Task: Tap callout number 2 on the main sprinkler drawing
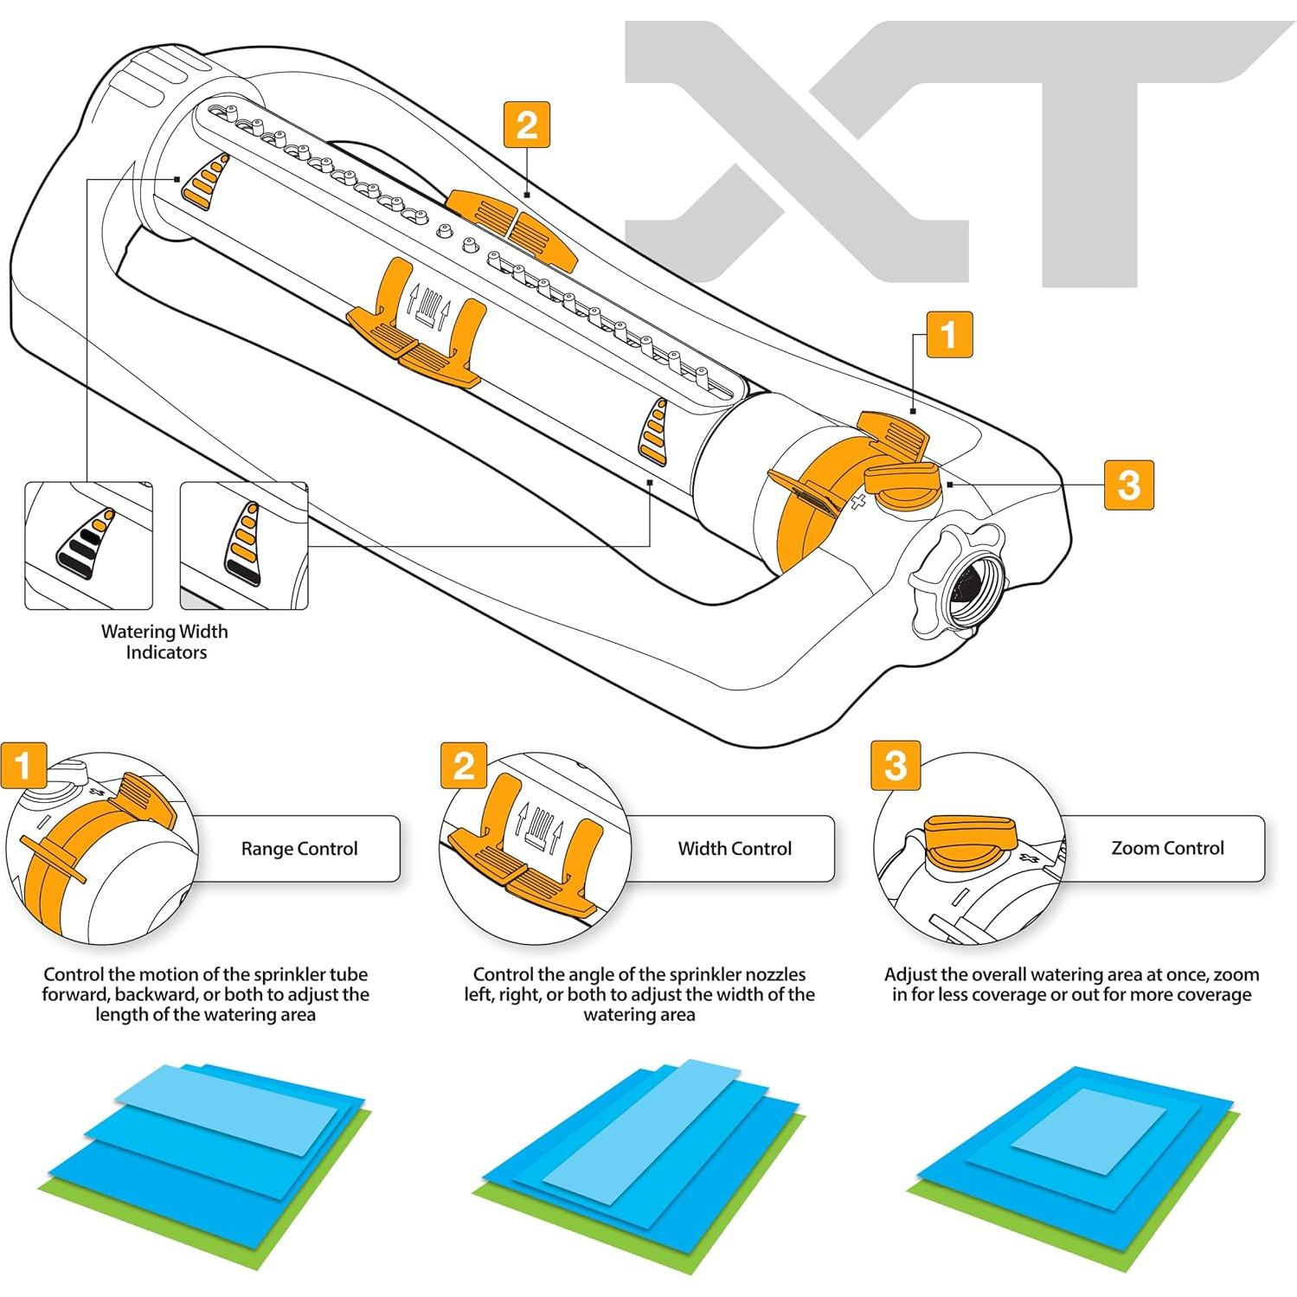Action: pyautogui.click(x=526, y=125)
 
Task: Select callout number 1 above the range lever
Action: pyautogui.click(x=948, y=335)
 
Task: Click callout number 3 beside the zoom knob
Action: pyautogui.click(x=1128, y=484)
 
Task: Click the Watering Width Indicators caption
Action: pyautogui.click(x=165, y=642)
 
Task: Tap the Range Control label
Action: pyautogui.click(x=299, y=849)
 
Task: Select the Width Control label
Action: pyautogui.click(x=735, y=849)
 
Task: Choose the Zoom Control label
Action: pyautogui.click(x=1167, y=848)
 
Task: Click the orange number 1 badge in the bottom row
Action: pyautogui.click(x=23, y=765)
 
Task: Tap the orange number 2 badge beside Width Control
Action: pyautogui.click(x=464, y=765)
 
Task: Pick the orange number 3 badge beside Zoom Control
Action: pyautogui.click(x=896, y=765)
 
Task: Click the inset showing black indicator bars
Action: pyautogui.click(x=88, y=546)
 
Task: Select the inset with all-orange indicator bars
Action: pyautogui.click(x=243, y=546)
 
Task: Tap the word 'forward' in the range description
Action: pyautogui.click(x=75, y=995)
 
